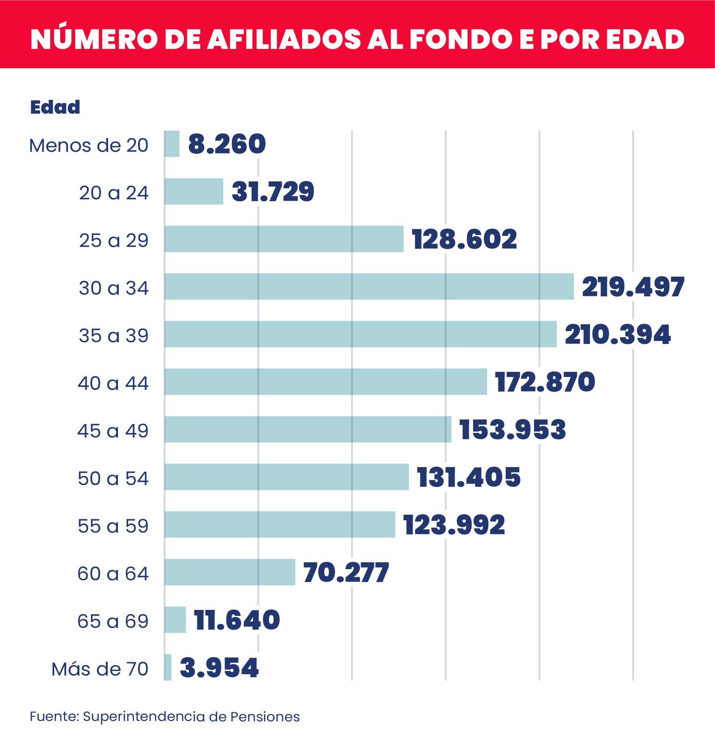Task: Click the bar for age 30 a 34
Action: [369, 287]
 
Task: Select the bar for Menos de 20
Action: [172, 144]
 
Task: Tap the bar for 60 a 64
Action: [230, 572]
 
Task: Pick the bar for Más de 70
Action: [168, 667]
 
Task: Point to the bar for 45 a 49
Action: [308, 429]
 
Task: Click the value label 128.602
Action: [465, 239]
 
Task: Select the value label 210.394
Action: [618, 335]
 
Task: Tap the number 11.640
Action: [237, 620]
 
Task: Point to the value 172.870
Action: [545, 382]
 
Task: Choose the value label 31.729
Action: [273, 192]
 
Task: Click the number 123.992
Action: [454, 525]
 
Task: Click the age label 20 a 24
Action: [114, 193]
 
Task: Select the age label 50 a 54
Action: [113, 479]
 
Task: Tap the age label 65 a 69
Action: [113, 621]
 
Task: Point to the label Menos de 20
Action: [89, 146]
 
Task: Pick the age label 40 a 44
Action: [113, 383]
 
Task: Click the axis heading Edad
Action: [55, 107]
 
